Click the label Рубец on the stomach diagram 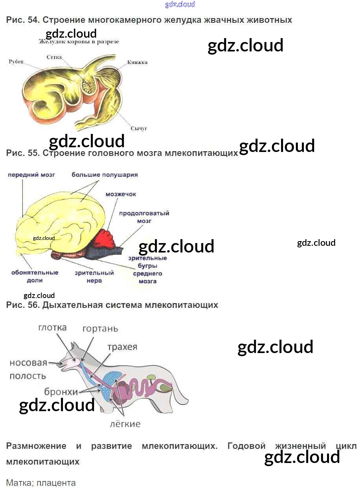point(16,62)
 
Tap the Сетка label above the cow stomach point(54,57)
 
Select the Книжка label point(137,62)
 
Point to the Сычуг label point(139,128)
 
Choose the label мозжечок point(121,194)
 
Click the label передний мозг point(31,175)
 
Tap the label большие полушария point(105,175)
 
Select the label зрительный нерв point(94,277)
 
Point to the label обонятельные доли point(35,276)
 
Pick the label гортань point(100,329)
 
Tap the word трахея point(122,347)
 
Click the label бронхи point(61,392)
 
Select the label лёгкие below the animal point(125,424)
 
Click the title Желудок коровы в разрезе point(79,42)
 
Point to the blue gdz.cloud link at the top point(180,4)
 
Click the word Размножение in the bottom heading point(36,446)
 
